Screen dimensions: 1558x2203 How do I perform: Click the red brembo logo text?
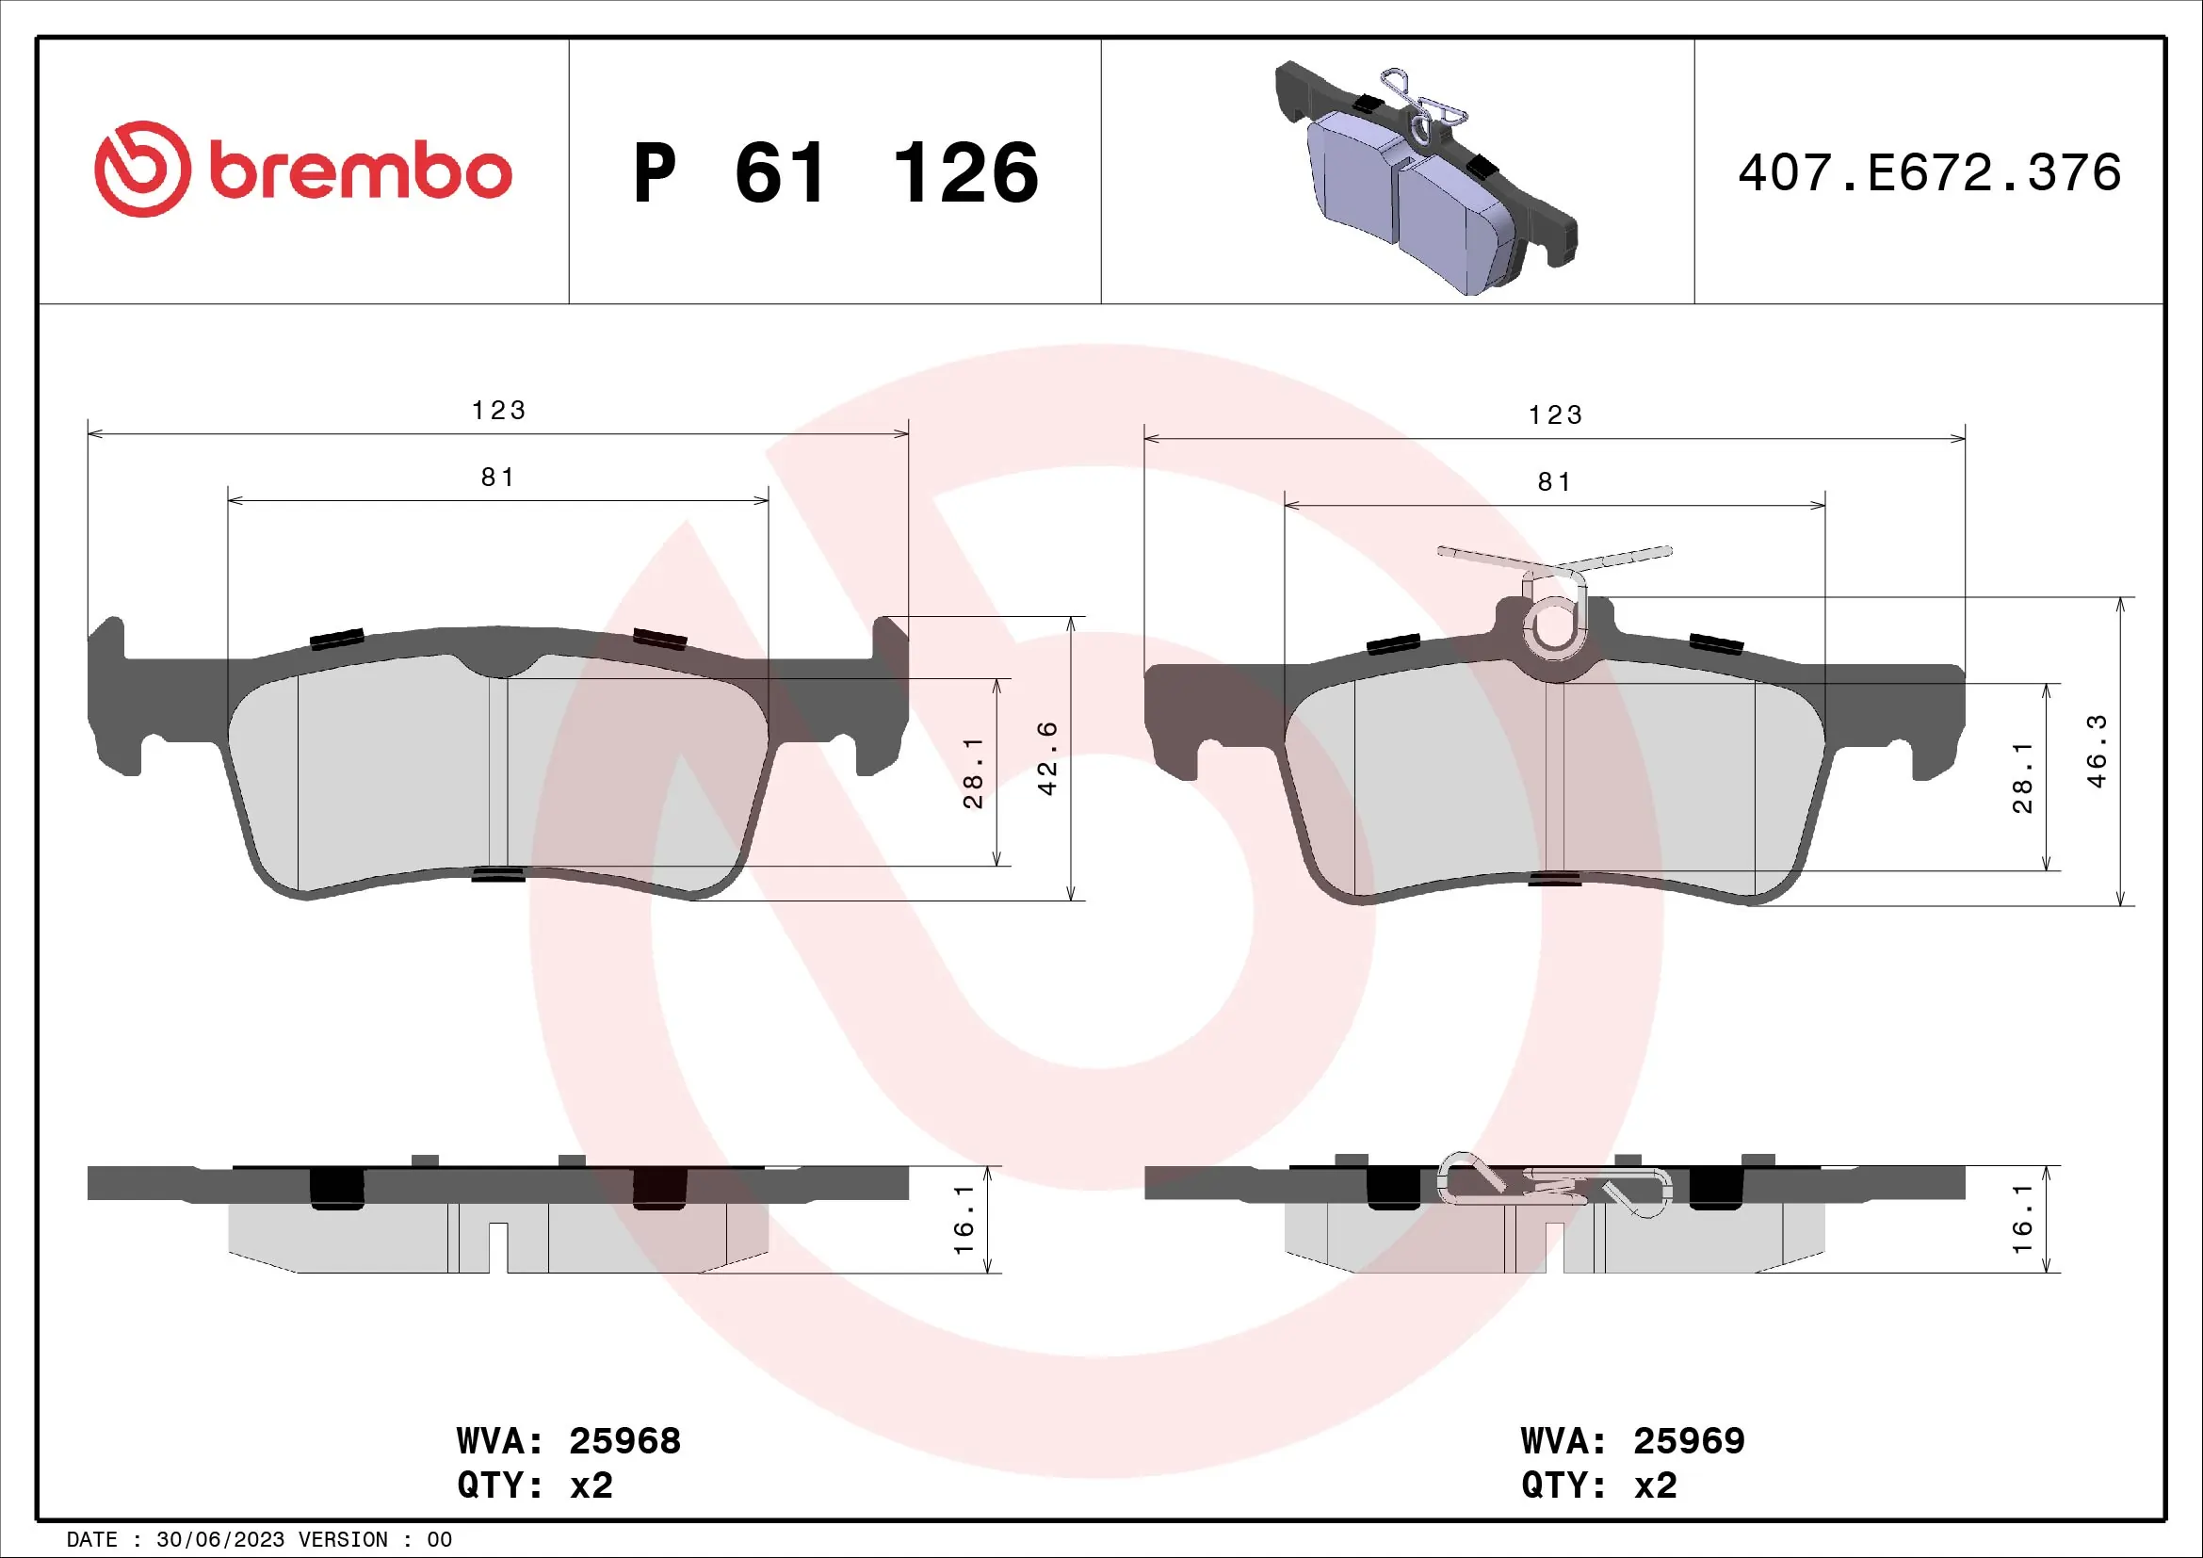tap(360, 172)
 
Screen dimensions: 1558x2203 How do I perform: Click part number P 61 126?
tap(834, 173)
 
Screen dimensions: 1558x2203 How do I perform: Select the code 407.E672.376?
tap(1929, 172)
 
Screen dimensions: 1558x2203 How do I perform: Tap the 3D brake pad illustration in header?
tap(1420, 177)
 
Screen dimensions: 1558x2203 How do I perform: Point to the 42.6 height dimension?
tap(1047, 758)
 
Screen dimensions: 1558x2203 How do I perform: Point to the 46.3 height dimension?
tap(2098, 751)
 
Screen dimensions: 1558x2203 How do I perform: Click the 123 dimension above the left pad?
tap(498, 411)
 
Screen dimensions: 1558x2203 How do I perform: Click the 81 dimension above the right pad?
tap(1554, 481)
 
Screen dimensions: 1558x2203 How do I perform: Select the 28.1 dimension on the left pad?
tap(973, 772)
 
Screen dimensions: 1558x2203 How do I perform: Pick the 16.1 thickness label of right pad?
tap(2022, 1218)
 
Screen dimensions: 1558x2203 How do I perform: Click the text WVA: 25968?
tap(568, 1441)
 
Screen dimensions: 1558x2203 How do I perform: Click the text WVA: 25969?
tap(1632, 1441)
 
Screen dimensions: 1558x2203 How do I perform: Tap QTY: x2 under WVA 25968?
tap(534, 1485)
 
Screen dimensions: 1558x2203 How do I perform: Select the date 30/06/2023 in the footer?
tap(219, 1540)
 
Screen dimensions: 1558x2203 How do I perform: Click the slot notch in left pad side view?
tap(498, 1246)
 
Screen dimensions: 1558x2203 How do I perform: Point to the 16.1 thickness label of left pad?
tap(964, 1218)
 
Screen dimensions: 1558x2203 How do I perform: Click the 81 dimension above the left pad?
tap(498, 477)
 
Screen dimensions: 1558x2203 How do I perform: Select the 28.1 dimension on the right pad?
tap(2022, 777)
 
